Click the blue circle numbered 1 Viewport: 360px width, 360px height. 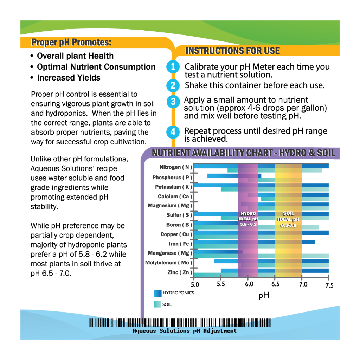(173, 67)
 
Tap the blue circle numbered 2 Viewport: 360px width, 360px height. (173, 85)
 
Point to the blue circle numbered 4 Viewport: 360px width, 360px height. (173, 132)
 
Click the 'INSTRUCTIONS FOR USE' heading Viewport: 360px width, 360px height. (232, 51)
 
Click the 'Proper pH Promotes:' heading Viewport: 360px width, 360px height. (71, 43)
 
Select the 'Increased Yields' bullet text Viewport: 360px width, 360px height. (69, 78)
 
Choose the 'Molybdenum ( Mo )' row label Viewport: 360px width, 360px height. (169, 263)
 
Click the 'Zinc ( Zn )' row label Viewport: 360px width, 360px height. (179, 272)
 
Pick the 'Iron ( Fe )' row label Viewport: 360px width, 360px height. (180, 244)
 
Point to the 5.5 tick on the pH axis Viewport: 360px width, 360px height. (221, 284)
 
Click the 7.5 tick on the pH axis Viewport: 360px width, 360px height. (329, 285)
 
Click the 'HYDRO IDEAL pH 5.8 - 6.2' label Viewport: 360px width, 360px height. (248, 219)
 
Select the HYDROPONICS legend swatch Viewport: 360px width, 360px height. (157, 293)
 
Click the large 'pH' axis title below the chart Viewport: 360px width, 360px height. (264, 295)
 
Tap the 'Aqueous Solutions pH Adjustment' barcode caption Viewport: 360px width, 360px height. (185, 331)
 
